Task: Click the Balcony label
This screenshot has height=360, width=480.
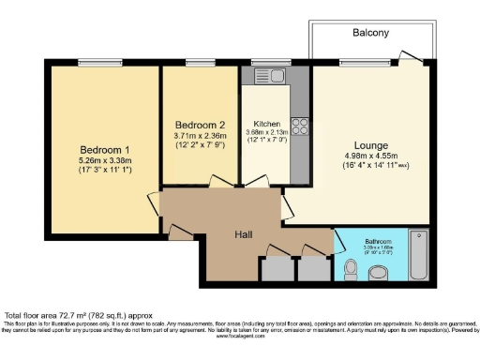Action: pyautogui.click(x=370, y=32)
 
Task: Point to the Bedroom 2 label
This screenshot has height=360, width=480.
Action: pyautogui.click(x=200, y=125)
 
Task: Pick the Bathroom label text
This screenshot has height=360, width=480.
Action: pyautogui.click(x=378, y=241)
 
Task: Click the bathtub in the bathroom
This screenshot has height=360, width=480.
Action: pyautogui.click(x=418, y=255)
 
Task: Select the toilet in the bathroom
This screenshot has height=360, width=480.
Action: pyautogui.click(x=351, y=270)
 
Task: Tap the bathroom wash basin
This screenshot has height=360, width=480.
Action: pyautogui.click(x=380, y=274)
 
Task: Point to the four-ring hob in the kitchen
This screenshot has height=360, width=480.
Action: pyautogui.click(x=300, y=126)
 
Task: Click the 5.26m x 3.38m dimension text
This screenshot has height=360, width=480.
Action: pyautogui.click(x=104, y=162)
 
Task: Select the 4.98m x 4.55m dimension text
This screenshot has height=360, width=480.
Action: pyautogui.click(x=370, y=155)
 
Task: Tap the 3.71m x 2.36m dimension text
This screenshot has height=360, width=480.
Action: pyautogui.click(x=200, y=136)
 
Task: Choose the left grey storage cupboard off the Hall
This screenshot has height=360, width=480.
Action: pyautogui.click(x=276, y=268)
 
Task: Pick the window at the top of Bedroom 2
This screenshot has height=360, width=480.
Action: pyautogui.click(x=201, y=63)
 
